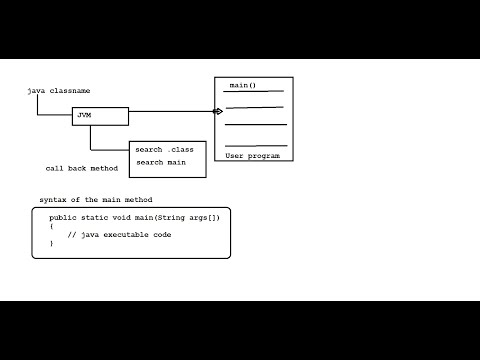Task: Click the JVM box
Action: tap(100, 116)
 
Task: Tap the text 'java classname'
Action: tap(58, 91)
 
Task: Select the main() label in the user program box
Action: tap(242, 86)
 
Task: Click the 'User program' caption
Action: tap(253, 157)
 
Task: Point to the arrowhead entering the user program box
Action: tap(217, 111)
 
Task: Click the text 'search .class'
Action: tap(165, 150)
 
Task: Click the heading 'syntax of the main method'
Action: tap(96, 200)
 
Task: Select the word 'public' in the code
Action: tap(63, 217)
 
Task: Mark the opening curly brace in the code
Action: tap(51, 226)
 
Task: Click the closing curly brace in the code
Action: tap(51, 243)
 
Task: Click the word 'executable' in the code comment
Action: tap(124, 234)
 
